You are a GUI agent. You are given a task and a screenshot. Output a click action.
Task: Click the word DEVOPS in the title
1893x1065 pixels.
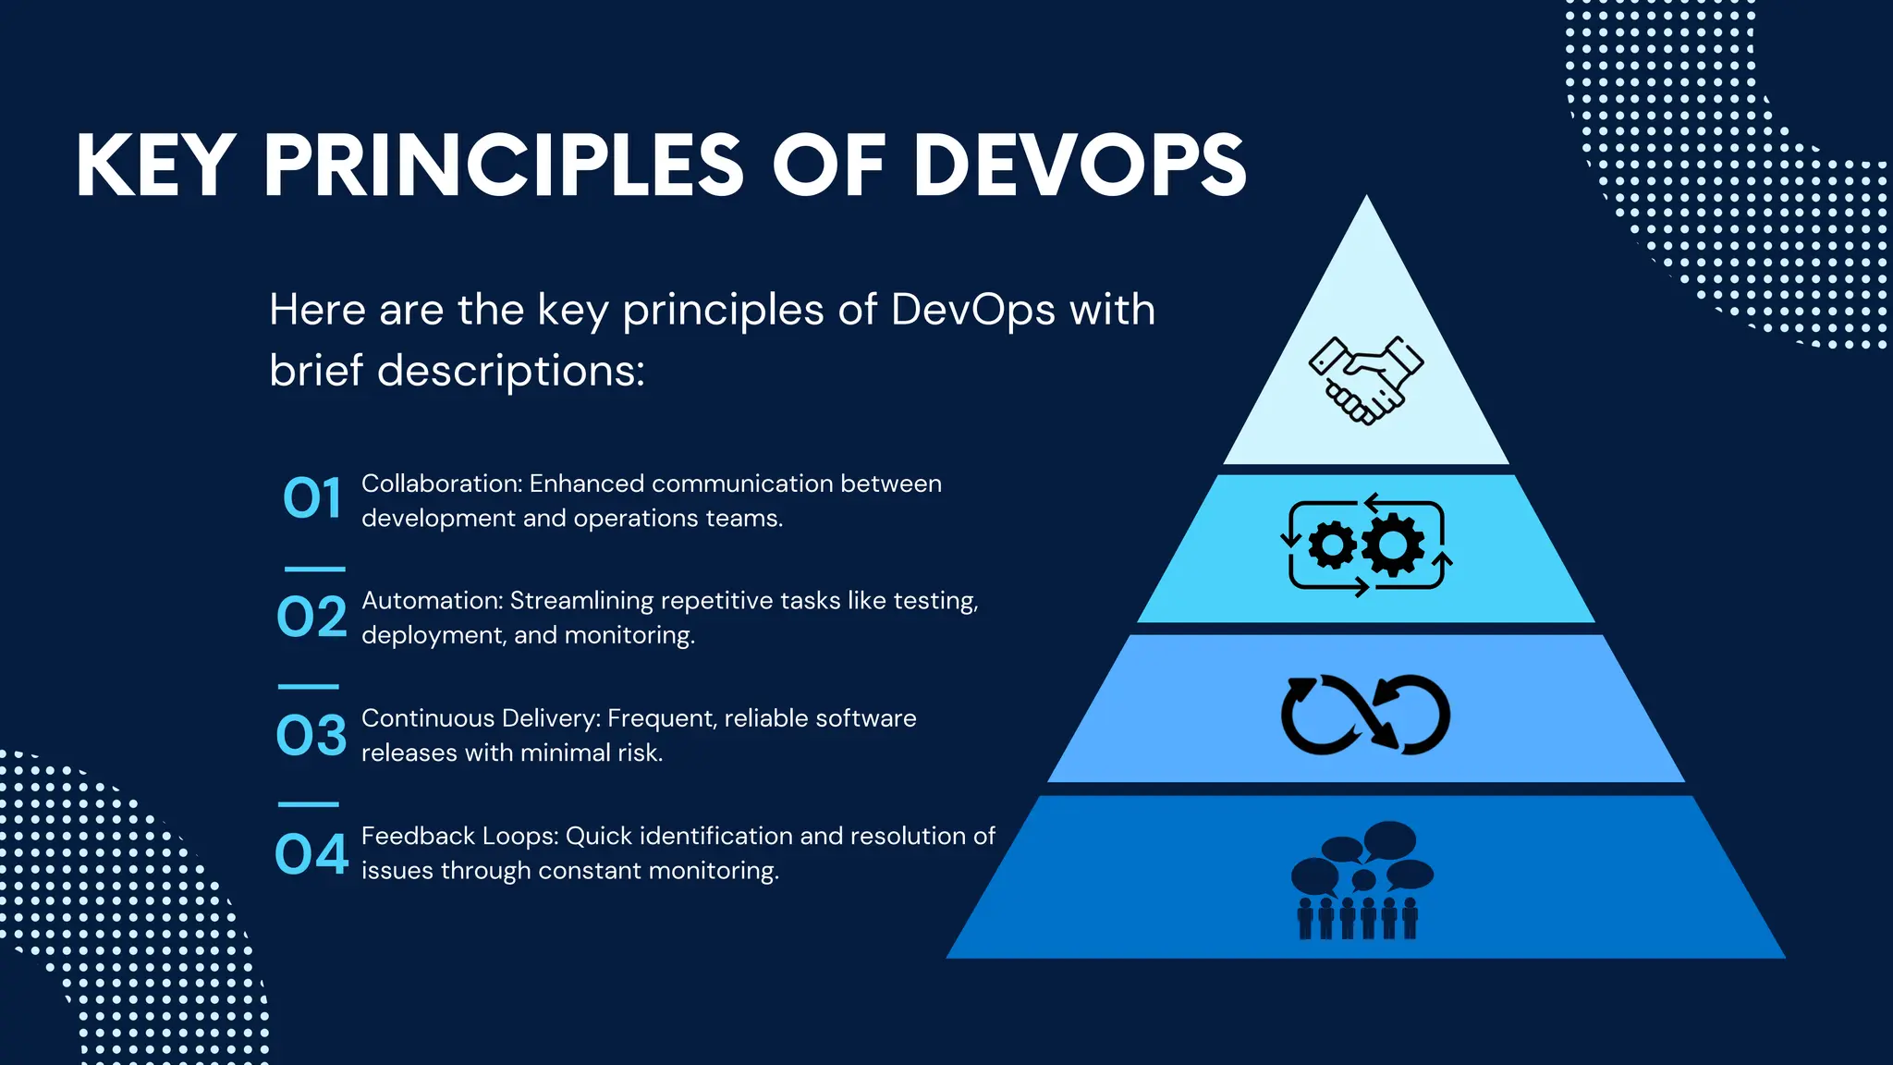[1080, 166]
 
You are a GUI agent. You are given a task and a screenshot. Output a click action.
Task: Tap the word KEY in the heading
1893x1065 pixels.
[154, 166]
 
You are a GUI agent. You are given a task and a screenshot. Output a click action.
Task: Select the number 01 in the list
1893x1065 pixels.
[311, 499]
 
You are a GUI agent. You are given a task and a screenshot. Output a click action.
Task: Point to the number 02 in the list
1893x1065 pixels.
[311, 617]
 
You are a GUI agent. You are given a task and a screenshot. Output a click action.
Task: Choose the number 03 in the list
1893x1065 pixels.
[311, 735]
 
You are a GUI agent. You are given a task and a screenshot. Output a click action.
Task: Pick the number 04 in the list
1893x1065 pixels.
[311, 853]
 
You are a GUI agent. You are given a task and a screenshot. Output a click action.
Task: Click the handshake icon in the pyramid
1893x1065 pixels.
[1366, 380]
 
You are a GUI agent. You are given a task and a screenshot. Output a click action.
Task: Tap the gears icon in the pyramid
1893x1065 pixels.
[1366, 545]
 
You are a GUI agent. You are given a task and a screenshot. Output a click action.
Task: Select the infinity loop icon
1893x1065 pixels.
[1365, 715]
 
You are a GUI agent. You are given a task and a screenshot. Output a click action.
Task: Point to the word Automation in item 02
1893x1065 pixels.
[432, 601]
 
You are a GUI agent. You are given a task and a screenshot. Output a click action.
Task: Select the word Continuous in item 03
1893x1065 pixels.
[428, 718]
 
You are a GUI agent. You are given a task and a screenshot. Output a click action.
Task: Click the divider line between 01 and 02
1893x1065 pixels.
[314, 569]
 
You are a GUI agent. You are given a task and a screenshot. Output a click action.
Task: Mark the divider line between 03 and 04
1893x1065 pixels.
[309, 804]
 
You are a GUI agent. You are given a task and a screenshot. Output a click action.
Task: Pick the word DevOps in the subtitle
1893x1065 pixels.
[973, 310]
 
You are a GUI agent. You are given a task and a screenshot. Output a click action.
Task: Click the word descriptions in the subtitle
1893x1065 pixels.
[510, 371]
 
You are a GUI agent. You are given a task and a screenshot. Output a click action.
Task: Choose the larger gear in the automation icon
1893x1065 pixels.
[1393, 545]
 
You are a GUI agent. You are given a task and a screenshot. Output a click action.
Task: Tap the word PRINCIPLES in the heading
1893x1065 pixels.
[503, 166]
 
